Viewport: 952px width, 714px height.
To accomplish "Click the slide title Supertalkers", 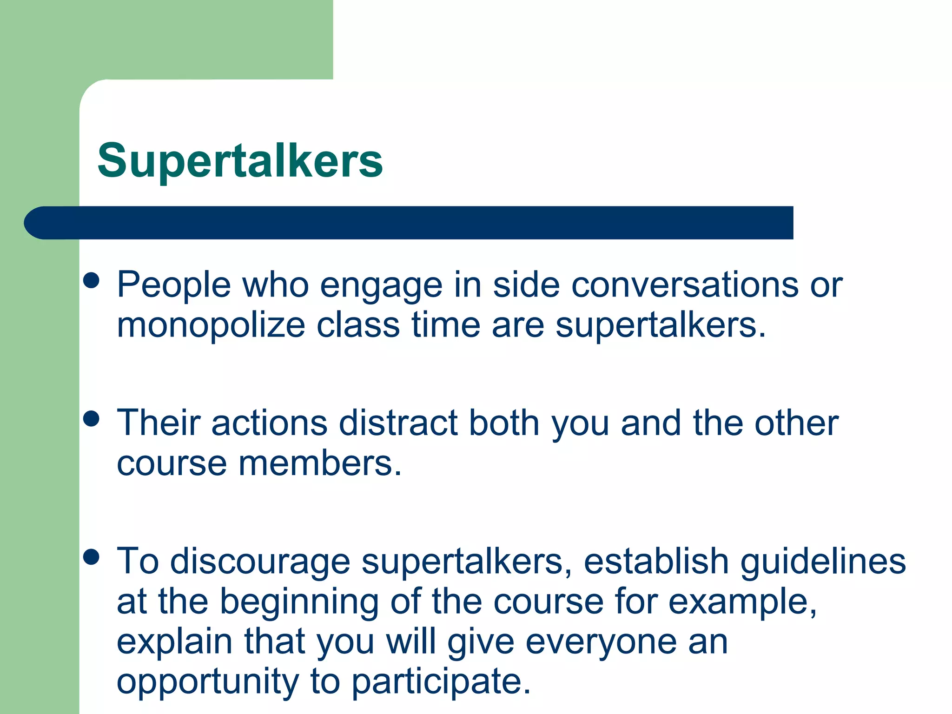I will coord(240,161).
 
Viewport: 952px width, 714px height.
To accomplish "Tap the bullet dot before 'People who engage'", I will coord(92,281).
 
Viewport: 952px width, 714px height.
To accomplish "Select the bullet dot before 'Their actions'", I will coord(92,418).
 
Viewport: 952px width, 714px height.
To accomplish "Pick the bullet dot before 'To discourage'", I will coord(92,556).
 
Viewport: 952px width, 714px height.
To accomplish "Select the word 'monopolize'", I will coord(211,325).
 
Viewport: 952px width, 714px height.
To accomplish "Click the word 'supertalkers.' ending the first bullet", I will coord(661,325).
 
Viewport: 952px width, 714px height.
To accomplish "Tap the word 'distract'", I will coord(398,423).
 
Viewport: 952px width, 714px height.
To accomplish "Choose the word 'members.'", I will coord(320,463).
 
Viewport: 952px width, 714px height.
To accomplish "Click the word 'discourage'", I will coord(260,562).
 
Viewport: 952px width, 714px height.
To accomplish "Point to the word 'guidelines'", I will coord(823,562).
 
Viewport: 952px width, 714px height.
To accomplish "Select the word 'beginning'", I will coord(299,602).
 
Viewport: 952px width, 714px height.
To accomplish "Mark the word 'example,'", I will coord(742,602).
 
